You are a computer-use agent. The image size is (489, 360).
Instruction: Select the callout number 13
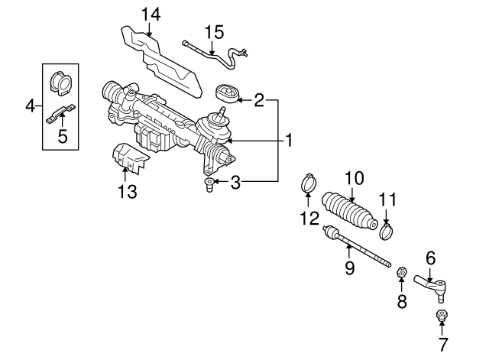coord(128,192)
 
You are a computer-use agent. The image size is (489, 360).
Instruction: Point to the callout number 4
coord(29,105)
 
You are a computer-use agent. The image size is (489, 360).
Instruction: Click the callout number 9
coord(349,268)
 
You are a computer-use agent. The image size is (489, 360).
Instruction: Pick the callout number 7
coord(443,344)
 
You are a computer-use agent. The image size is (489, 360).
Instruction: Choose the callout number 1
coord(289,141)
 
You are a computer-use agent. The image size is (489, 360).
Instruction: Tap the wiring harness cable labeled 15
coord(214,54)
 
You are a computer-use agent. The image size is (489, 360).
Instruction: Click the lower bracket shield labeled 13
coord(128,160)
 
